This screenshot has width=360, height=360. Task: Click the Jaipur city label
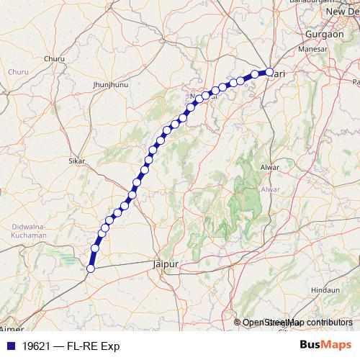(166, 264)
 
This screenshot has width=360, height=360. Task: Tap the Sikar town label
(76, 161)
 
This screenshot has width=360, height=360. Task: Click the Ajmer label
(7, 329)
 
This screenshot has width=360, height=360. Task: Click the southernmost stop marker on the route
(91, 269)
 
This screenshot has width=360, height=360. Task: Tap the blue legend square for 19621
(9, 346)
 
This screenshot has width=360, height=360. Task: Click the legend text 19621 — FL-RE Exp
(71, 346)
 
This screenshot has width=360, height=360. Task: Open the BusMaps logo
(325, 346)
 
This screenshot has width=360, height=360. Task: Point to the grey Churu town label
(54, 58)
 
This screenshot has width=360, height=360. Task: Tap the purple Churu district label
(18, 72)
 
